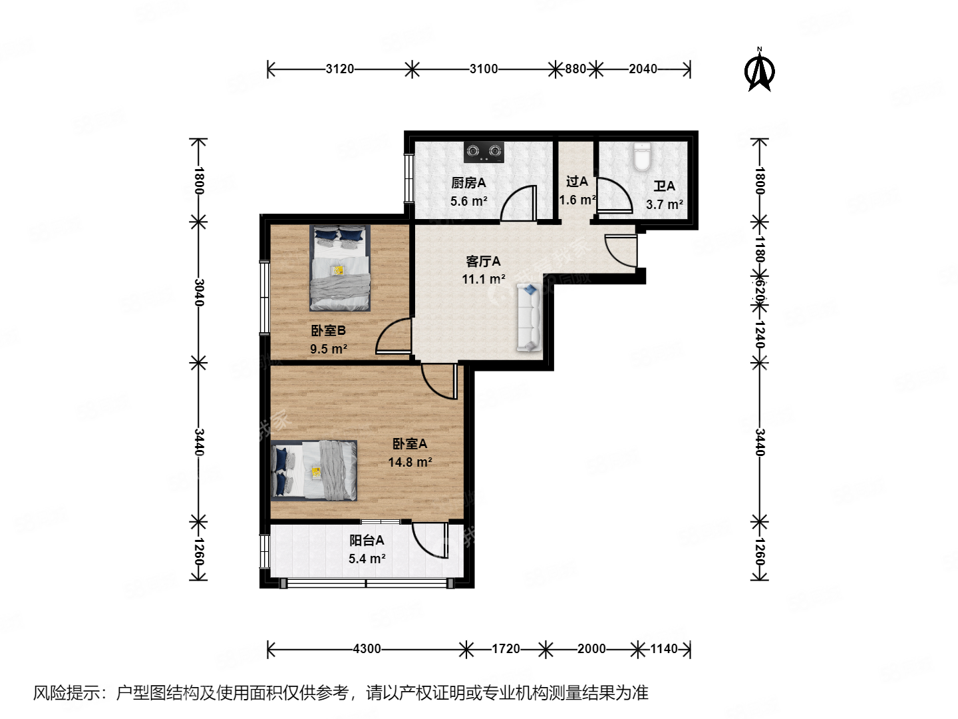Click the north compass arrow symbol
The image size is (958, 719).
pyautogui.click(x=760, y=71)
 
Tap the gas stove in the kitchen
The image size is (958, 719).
pyautogui.click(x=484, y=152)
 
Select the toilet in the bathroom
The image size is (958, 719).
pyautogui.click(x=641, y=157)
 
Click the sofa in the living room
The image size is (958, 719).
pyautogui.click(x=530, y=318)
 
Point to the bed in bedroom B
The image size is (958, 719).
pyautogui.click(x=340, y=268)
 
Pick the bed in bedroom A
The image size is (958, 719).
pyautogui.click(x=314, y=471)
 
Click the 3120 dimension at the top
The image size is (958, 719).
pyautogui.click(x=339, y=69)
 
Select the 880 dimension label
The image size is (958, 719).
pyautogui.click(x=575, y=69)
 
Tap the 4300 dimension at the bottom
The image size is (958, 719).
pyautogui.click(x=367, y=648)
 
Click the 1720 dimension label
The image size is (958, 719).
pyautogui.click(x=506, y=648)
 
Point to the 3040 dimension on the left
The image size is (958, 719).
pyautogui.click(x=198, y=292)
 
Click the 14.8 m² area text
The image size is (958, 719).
pyautogui.click(x=410, y=462)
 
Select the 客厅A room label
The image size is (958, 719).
pyautogui.click(x=483, y=261)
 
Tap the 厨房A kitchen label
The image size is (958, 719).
pyautogui.click(x=468, y=182)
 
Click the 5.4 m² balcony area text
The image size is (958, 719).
pyautogui.click(x=367, y=559)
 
